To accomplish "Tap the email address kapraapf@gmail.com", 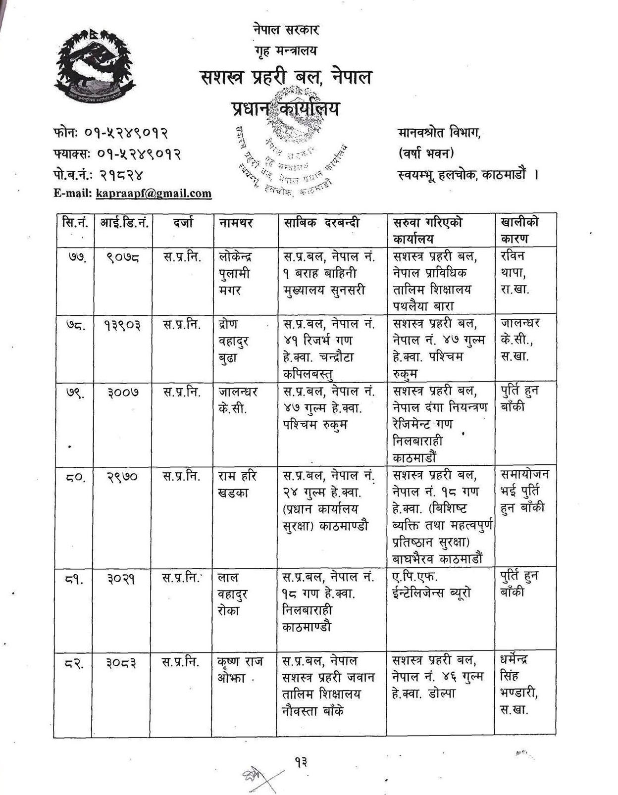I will [x=154, y=193].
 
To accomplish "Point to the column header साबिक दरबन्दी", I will [x=321, y=223].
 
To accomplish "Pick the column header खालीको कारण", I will [x=520, y=230].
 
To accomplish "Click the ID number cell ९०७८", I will [x=122, y=257].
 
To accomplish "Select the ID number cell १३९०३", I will [x=122, y=325].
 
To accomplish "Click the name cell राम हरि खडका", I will [x=237, y=484].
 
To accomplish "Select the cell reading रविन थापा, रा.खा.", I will [x=515, y=273].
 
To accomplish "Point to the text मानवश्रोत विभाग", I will [x=439, y=133].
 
